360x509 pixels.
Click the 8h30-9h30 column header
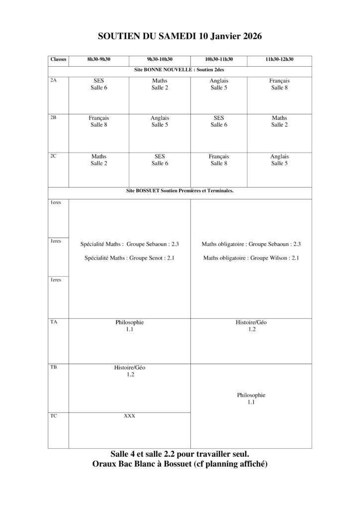tap(98, 59)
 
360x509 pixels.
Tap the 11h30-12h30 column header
tap(279, 59)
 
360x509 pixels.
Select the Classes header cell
tap(58, 59)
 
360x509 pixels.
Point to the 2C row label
tap(54, 156)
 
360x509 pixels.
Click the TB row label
tap(54, 367)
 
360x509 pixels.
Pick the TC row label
tap(54, 415)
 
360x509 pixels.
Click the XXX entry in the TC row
tap(129, 416)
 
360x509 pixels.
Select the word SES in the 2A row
tap(98, 81)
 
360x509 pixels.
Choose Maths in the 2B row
tap(279, 118)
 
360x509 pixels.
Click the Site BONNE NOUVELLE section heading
tap(180, 70)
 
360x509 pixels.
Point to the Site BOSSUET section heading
tap(180, 190)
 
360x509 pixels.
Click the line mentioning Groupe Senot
tap(129, 258)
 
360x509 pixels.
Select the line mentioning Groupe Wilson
tap(251, 258)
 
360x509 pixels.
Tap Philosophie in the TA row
tap(129, 322)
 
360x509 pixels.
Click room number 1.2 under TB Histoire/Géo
tap(129, 375)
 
